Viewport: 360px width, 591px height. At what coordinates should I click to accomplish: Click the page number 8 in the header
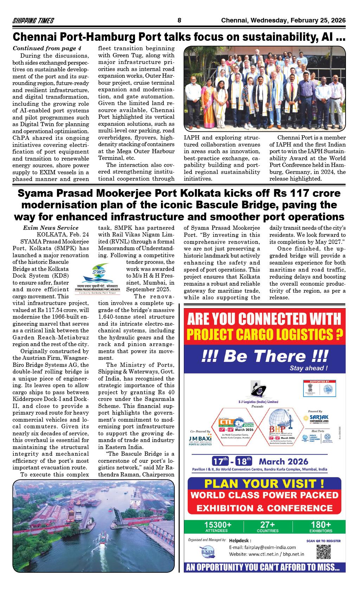[x=179, y=20]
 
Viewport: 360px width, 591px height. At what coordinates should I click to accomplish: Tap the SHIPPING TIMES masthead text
[x=33, y=21]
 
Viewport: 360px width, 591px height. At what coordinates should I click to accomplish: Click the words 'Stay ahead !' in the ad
[x=308, y=368]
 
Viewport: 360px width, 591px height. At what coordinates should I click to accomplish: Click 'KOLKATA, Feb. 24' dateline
[x=63, y=234]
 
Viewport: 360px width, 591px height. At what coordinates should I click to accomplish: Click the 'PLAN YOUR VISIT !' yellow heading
[x=264, y=484]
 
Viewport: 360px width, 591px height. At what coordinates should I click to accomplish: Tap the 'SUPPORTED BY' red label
[x=320, y=381]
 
